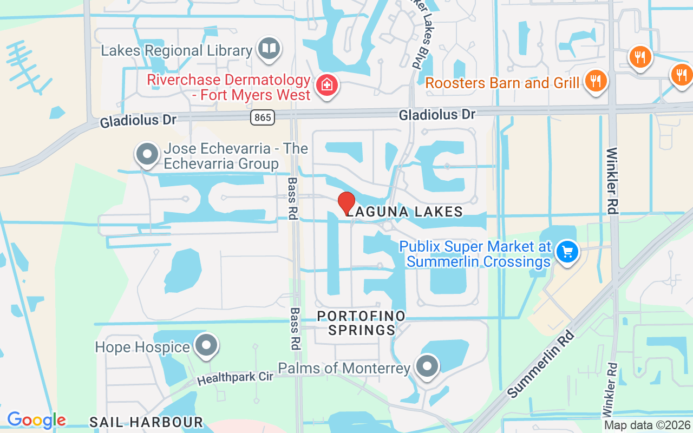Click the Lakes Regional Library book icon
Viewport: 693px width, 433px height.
coord(269,49)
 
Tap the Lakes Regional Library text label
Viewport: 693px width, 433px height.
coord(177,51)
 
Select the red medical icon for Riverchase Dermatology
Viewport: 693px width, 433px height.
coord(327,85)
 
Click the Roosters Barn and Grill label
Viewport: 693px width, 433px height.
coord(502,83)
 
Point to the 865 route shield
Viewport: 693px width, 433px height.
coord(263,117)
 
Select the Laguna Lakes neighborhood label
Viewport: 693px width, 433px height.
coord(404,212)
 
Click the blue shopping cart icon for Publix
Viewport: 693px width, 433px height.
coord(567,252)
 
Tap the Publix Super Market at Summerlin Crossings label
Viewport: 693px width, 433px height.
coord(475,254)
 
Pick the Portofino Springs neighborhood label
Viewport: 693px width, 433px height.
coord(362,323)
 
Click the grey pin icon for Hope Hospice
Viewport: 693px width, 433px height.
coord(206,346)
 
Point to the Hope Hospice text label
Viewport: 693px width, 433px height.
coord(142,346)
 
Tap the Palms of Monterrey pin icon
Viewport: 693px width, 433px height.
coord(428,366)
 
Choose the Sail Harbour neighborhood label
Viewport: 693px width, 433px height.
coord(146,422)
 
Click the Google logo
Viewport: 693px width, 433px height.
coord(36,420)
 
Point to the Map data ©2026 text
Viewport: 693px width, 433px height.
coord(648,425)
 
